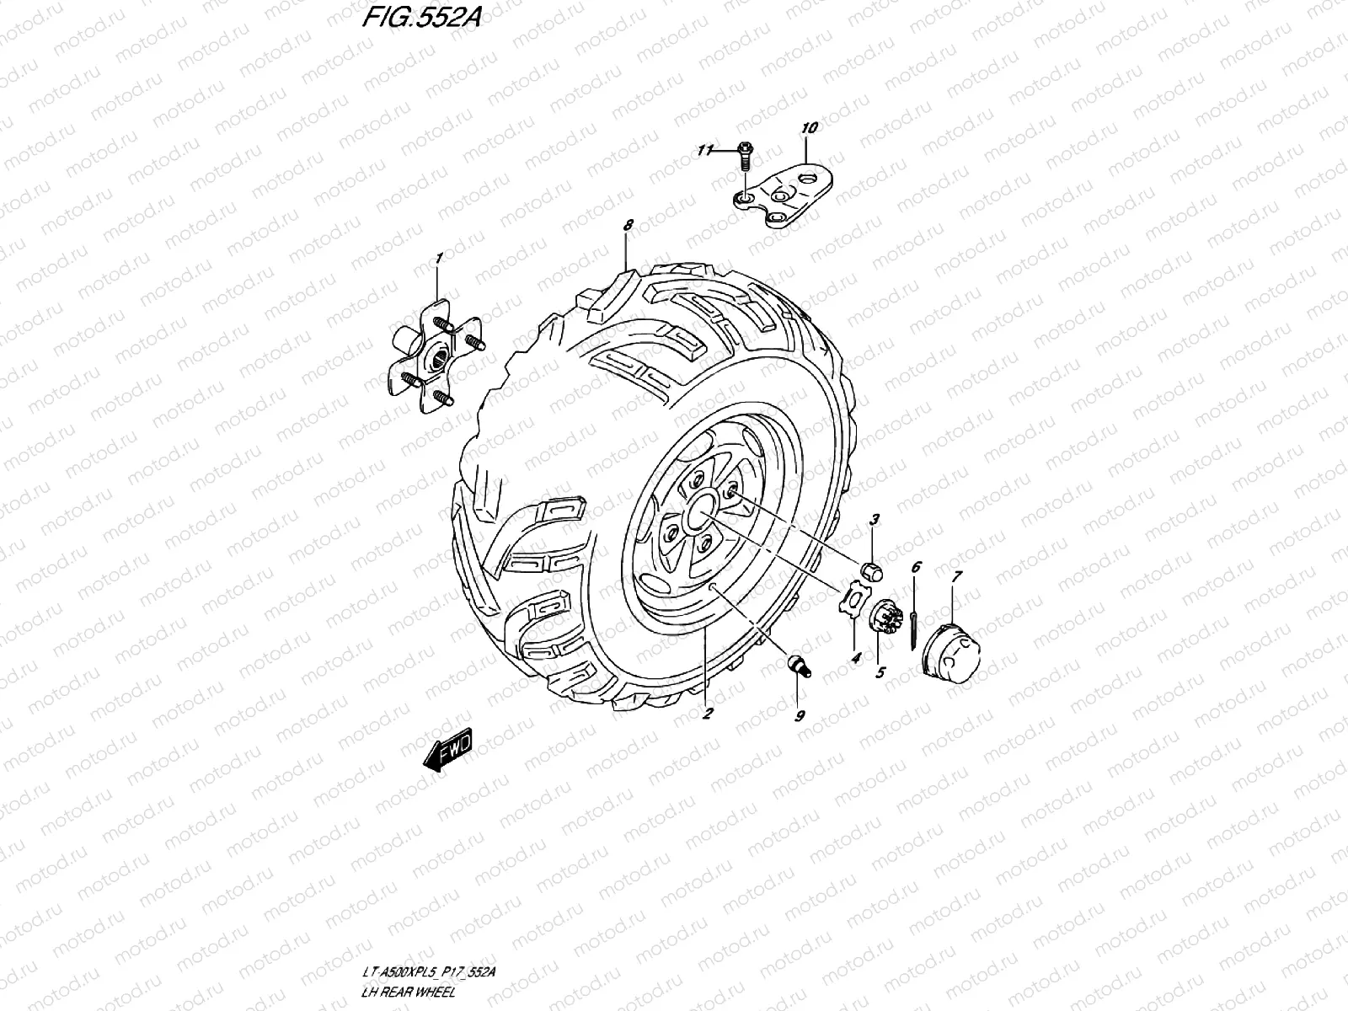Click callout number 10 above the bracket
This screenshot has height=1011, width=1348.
pyautogui.click(x=809, y=129)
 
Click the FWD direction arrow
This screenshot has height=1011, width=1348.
pyautogui.click(x=449, y=748)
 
